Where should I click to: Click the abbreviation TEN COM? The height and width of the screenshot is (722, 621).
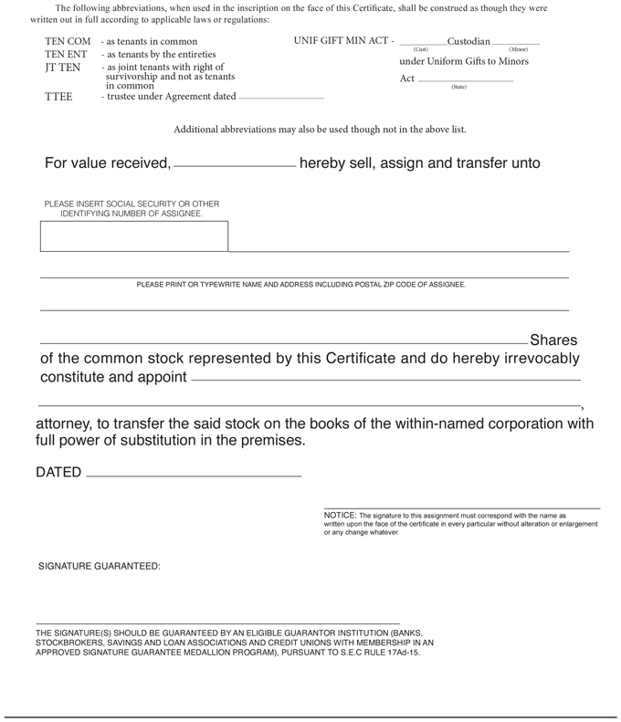pos(68,42)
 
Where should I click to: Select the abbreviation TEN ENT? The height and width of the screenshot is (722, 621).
pos(66,55)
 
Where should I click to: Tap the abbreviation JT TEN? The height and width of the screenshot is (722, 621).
pos(62,68)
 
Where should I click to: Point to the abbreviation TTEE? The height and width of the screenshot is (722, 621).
pos(58,97)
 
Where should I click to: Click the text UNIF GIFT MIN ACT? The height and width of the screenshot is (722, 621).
pos(343,41)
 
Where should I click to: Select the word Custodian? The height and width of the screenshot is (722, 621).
pos(468,41)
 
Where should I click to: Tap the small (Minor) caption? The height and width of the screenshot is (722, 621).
pos(518,49)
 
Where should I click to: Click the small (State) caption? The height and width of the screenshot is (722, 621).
pos(458,87)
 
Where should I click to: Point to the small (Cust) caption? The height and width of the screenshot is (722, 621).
pos(420,49)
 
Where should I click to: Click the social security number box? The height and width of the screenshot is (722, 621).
pos(134,235)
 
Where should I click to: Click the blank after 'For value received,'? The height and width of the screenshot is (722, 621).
pos(234,164)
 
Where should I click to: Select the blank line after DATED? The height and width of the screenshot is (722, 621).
pos(193,474)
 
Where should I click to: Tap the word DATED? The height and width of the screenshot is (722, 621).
pos(58,473)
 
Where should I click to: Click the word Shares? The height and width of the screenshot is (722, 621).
pos(553,340)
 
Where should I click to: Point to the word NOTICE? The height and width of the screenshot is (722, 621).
pos(340,515)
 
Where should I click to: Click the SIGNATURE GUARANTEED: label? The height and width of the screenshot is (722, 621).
pos(100,566)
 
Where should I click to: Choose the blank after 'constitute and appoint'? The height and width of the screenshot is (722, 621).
pos(385,377)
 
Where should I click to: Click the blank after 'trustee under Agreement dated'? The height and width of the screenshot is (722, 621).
pos(281,96)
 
